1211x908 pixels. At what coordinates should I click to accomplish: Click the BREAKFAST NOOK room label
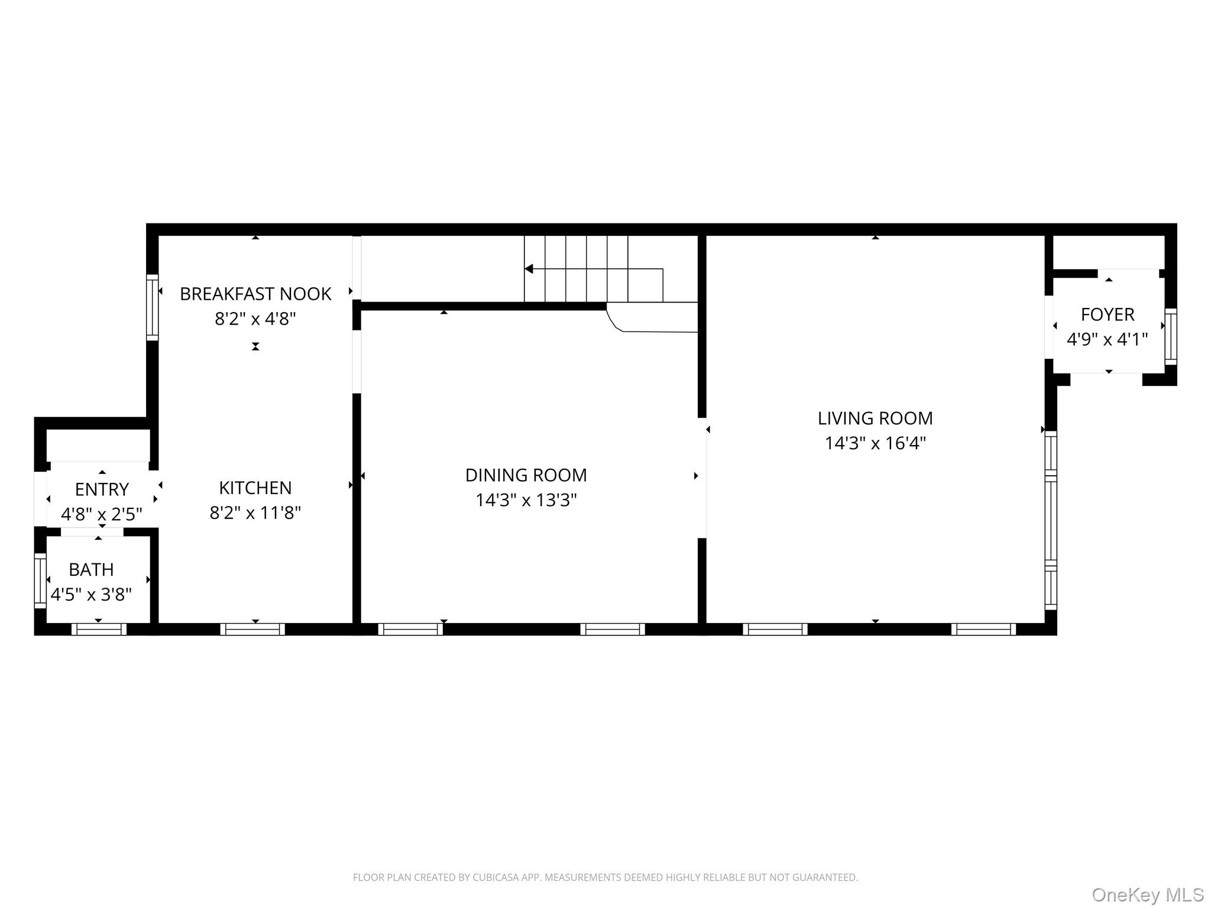255,294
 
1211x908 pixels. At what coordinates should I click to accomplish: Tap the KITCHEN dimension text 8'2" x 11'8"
255,513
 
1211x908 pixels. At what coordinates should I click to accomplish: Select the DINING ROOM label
526,475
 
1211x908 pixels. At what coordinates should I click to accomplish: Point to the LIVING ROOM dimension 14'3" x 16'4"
875,443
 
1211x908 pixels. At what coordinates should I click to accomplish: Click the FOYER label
1108,314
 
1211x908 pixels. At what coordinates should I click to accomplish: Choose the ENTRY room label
102,489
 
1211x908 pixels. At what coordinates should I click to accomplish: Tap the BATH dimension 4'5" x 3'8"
91,595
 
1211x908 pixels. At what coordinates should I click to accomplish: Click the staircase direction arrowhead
529,269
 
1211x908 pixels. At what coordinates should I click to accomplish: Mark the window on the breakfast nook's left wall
153,307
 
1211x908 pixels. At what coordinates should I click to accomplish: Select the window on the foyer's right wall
1170,336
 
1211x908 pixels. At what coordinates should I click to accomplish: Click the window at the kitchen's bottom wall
252,629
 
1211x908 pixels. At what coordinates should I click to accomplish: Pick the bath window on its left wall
40,580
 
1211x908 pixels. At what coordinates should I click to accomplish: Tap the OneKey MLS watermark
1147,895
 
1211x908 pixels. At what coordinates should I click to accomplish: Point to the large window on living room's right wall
1051,520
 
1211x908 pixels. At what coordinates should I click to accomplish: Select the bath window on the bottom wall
99,629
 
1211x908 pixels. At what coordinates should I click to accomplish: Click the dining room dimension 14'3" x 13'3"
526,501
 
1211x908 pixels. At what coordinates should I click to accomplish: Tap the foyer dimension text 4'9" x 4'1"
1107,340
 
